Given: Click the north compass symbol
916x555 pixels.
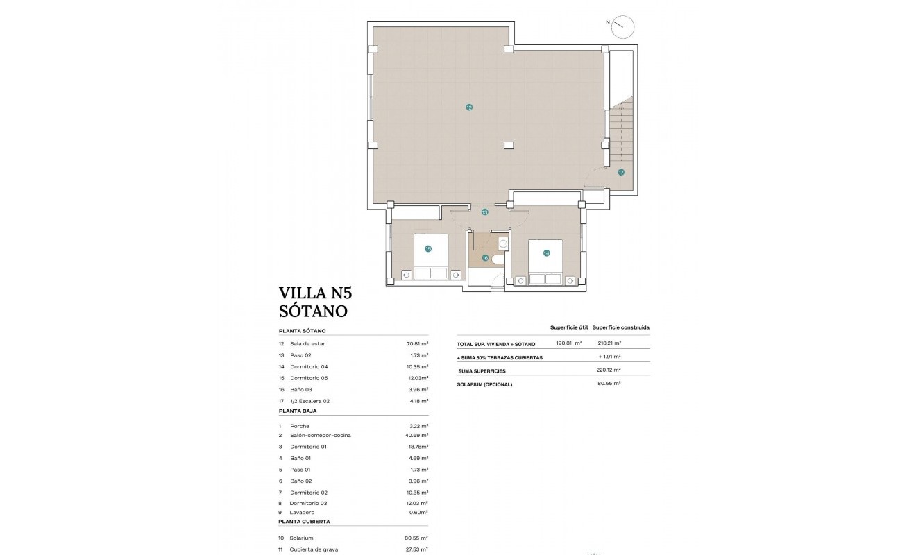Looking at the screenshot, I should (623, 26).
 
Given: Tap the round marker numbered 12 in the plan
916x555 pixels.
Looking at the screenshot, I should (469, 108).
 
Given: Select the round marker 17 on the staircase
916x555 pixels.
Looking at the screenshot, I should (621, 172).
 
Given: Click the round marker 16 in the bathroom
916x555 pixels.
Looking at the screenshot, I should (485, 258).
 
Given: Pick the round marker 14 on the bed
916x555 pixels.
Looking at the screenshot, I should (546, 253).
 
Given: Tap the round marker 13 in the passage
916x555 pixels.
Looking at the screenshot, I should (484, 212).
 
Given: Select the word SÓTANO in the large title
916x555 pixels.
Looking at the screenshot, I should (312, 311).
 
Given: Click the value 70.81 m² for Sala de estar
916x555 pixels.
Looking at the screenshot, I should (417, 343).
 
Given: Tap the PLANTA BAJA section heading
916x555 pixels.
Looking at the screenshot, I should (297, 411).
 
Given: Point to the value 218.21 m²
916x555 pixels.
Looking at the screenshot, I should (609, 343).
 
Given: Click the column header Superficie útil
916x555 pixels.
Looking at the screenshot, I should (569, 327).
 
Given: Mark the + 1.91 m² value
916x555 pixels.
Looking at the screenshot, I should (609, 357).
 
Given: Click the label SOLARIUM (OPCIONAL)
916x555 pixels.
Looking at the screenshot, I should (484, 384).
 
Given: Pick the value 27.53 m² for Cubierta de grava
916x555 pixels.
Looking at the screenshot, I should (417, 549).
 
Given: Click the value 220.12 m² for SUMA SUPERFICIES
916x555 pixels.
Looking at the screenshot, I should (609, 370).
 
